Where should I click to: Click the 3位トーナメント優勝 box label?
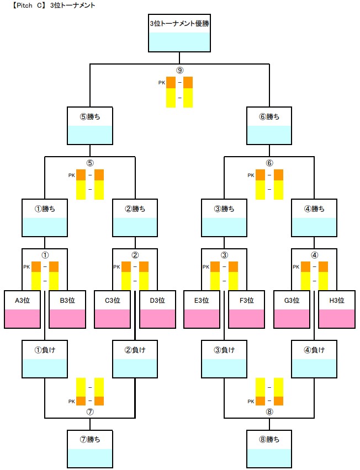click(x=179, y=24)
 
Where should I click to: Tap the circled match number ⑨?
click(x=179, y=71)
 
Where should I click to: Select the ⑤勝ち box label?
click(x=89, y=116)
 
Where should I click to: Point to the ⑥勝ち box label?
click(x=269, y=116)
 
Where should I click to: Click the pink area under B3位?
click(x=67, y=319)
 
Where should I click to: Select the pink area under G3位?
click(x=292, y=319)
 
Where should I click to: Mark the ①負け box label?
click(x=44, y=349)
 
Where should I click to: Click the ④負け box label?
click(x=314, y=349)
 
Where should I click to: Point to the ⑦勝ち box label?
click(x=89, y=440)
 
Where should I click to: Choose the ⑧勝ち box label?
click(x=269, y=440)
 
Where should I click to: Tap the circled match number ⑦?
click(x=89, y=412)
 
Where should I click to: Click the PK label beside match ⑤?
click(x=71, y=175)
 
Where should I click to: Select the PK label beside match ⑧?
click(x=251, y=401)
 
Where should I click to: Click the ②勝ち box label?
click(x=135, y=209)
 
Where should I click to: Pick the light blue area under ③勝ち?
click(x=224, y=227)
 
